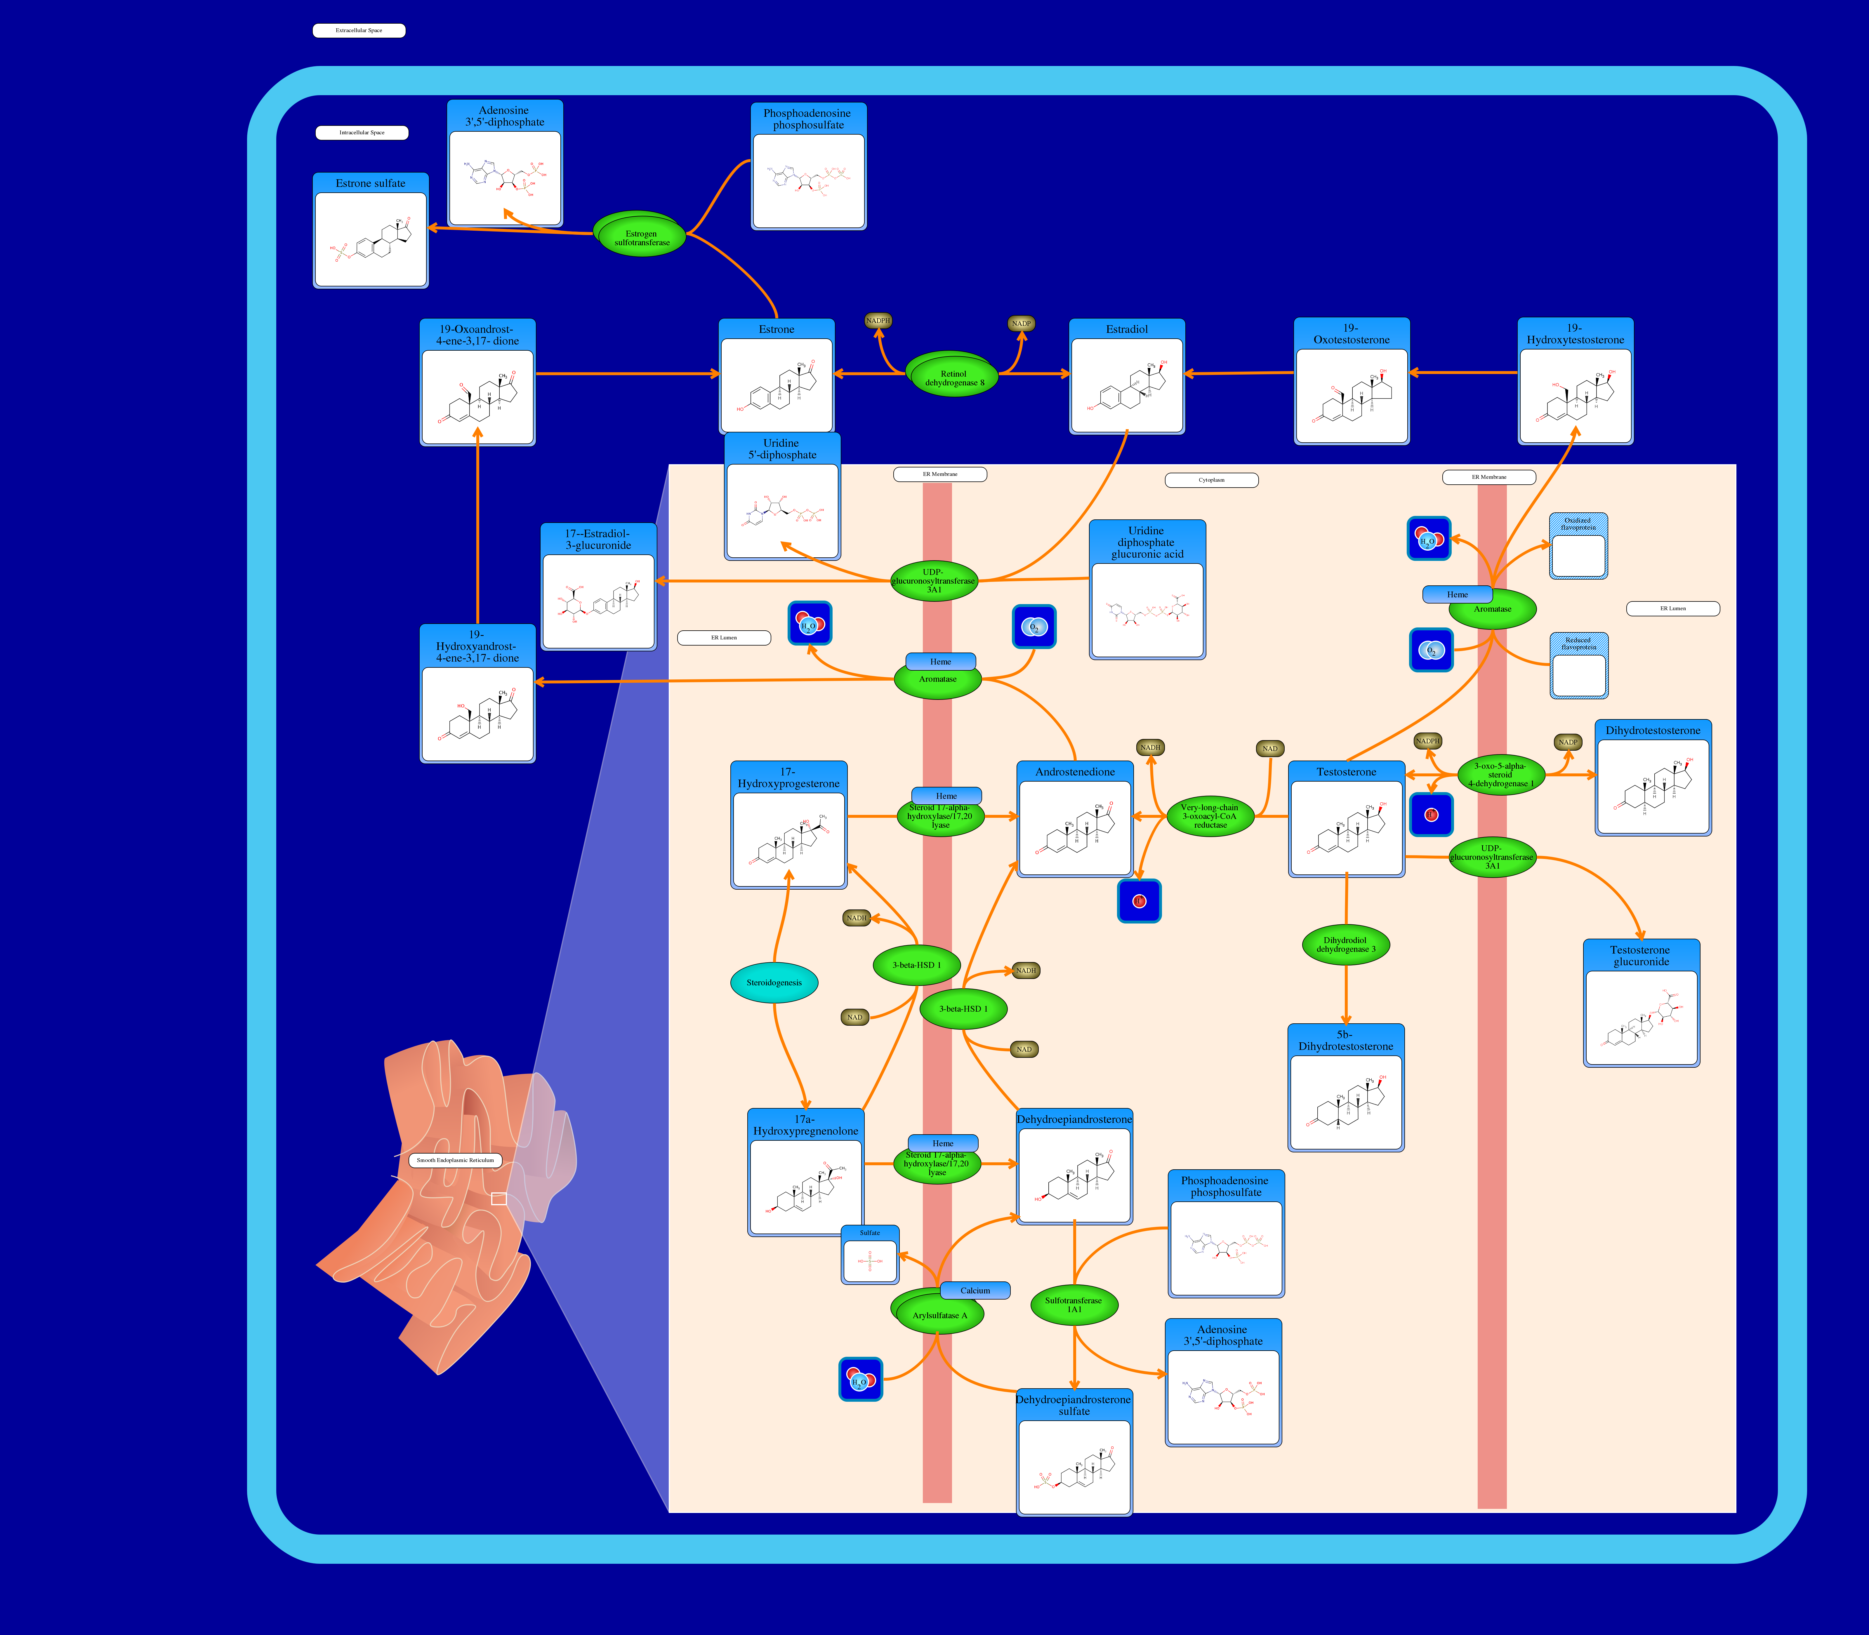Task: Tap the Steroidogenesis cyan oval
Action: point(774,983)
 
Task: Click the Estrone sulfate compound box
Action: point(371,231)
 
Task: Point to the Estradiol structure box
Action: point(1127,377)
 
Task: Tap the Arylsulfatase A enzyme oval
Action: point(939,1315)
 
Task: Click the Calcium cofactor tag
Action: point(975,1290)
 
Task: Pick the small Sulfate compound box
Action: point(870,1255)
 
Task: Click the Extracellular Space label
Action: point(359,30)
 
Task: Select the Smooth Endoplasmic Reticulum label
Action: point(455,1161)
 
